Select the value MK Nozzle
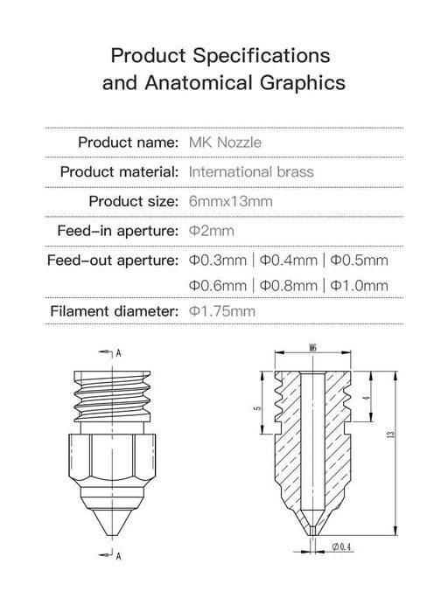(x=225, y=142)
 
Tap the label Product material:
(x=121, y=171)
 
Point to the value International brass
(x=251, y=171)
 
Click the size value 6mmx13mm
(x=231, y=201)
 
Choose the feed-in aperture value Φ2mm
(x=211, y=232)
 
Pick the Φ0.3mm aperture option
(x=217, y=261)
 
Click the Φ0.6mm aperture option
(x=217, y=286)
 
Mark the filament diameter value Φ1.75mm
(x=222, y=311)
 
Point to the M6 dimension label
(x=313, y=348)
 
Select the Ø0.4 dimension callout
(x=342, y=548)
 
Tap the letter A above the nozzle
(x=118, y=353)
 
